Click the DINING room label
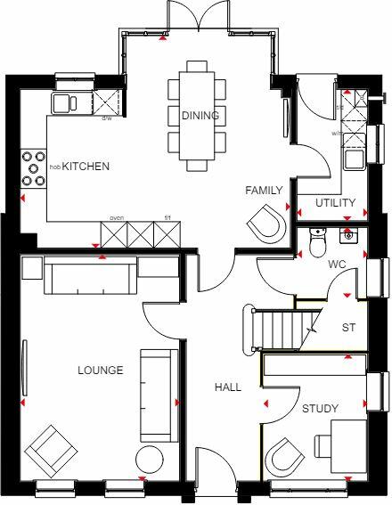click(200, 116)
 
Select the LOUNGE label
click(100, 371)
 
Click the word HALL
click(227, 387)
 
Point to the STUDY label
click(320, 409)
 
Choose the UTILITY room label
click(335, 203)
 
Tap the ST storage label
click(348, 328)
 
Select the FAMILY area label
click(265, 191)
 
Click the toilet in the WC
click(316, 240)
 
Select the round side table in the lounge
click(149, 461)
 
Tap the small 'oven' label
click(116, 217)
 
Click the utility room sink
click(354, 160)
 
